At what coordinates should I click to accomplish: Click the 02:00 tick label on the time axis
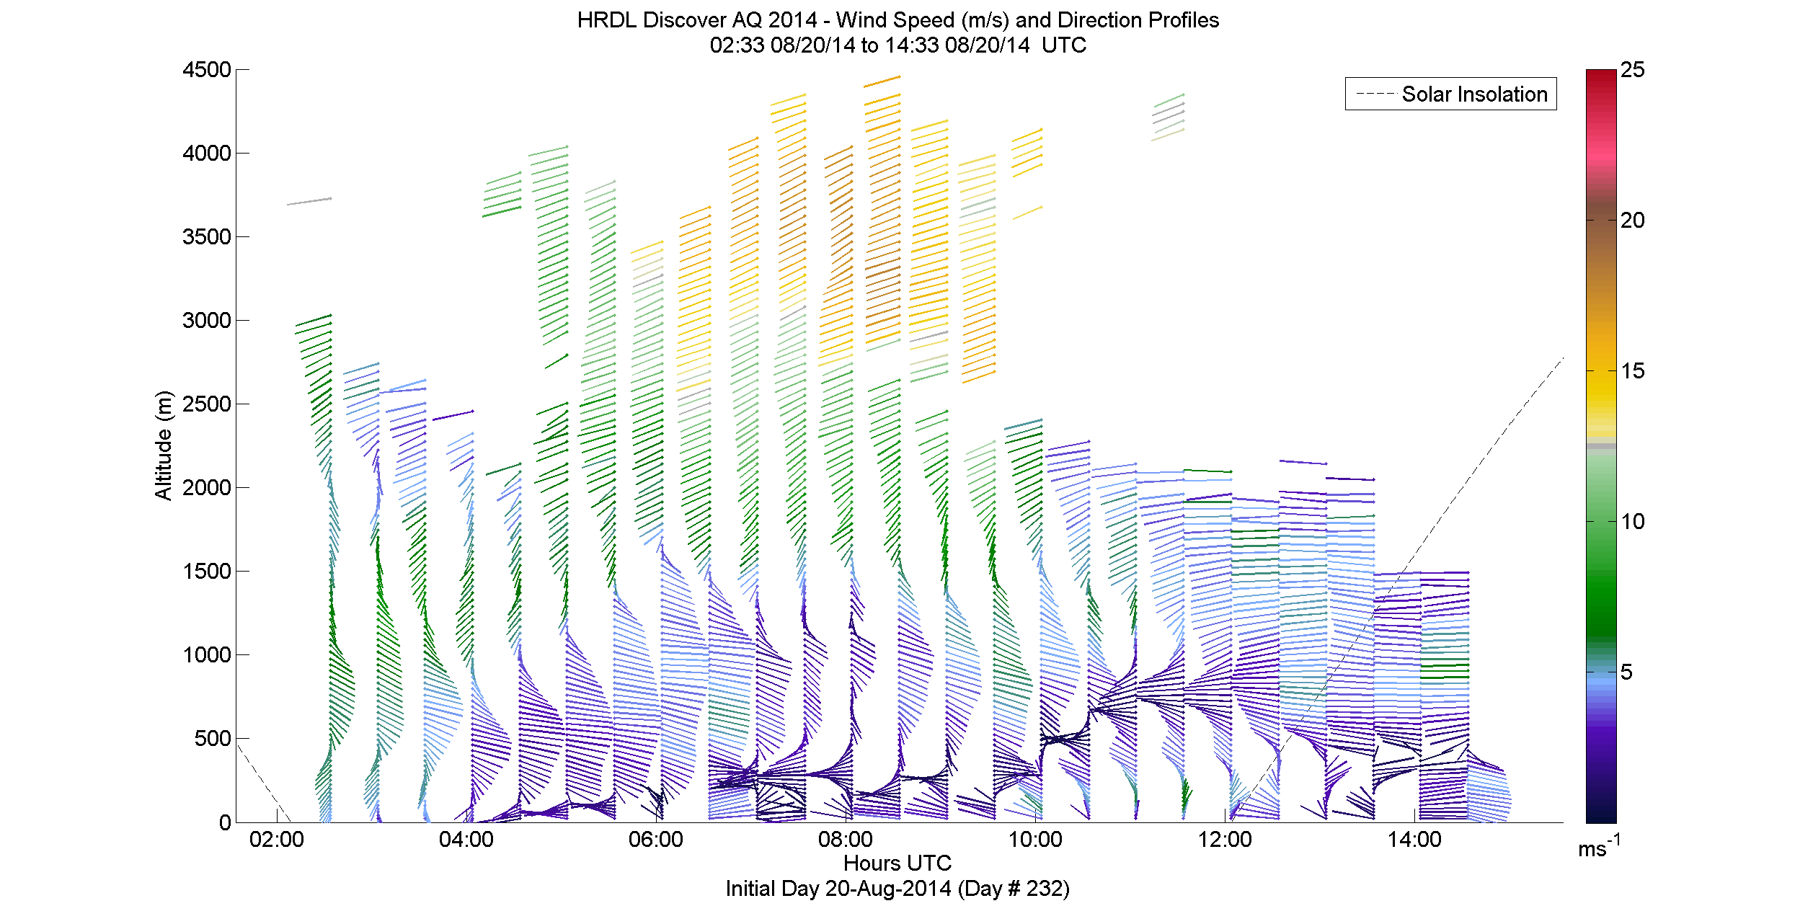coord(276,840)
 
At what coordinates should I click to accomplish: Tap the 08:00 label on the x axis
coord(845,840)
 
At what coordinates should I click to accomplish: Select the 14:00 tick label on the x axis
coord(1414,840)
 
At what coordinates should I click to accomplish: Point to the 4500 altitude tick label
coord(207,70)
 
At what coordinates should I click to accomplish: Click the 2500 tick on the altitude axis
coord(207,404)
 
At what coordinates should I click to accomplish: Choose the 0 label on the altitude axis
coord(225,822)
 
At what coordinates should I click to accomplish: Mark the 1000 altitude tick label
coord(207,654)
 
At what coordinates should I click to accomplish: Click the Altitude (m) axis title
coord(164,445)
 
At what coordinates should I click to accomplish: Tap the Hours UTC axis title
coord(897,863)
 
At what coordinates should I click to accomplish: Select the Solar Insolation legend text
coord(1474,94)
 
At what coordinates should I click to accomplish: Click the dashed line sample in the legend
coord(1375,94)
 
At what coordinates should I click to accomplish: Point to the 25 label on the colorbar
coord(1633,70)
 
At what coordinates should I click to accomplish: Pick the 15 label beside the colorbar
coord(1633,371)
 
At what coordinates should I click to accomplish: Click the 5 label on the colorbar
coord(1626,672)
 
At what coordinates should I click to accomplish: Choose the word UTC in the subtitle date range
coord(1063,45)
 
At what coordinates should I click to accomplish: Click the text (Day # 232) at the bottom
coord(1014,889)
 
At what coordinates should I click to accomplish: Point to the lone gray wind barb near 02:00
coord(309,201)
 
